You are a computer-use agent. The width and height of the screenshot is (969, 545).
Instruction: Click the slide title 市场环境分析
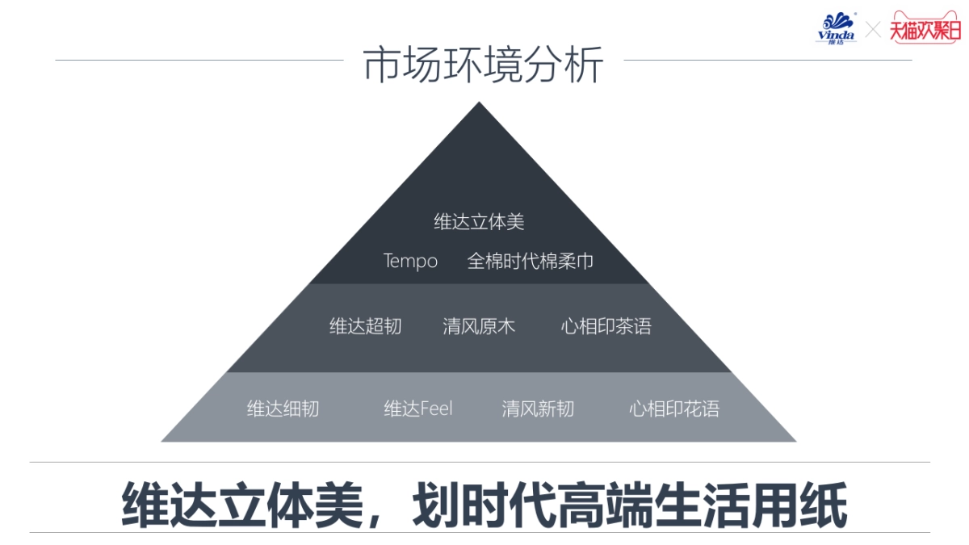483,65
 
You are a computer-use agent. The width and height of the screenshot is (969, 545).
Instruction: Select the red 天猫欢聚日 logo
925,28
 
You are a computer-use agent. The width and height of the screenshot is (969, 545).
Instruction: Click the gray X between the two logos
873,30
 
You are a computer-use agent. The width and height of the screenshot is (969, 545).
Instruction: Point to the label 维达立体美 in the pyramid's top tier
479,222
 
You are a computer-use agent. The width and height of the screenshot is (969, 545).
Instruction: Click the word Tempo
410,262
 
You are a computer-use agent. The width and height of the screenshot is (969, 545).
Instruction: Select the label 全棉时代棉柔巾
531,262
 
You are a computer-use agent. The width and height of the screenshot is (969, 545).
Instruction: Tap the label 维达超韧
365,326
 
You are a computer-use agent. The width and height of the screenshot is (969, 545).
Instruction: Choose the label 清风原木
479,326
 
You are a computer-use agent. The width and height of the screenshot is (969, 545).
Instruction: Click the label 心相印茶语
606,326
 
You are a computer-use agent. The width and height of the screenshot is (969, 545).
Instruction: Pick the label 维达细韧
283,409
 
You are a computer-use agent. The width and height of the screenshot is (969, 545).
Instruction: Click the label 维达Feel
418,409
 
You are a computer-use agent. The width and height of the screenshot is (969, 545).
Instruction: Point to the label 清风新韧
538,409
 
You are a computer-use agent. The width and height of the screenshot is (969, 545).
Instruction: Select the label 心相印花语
674,409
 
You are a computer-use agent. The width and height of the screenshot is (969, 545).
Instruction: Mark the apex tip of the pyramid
480,104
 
